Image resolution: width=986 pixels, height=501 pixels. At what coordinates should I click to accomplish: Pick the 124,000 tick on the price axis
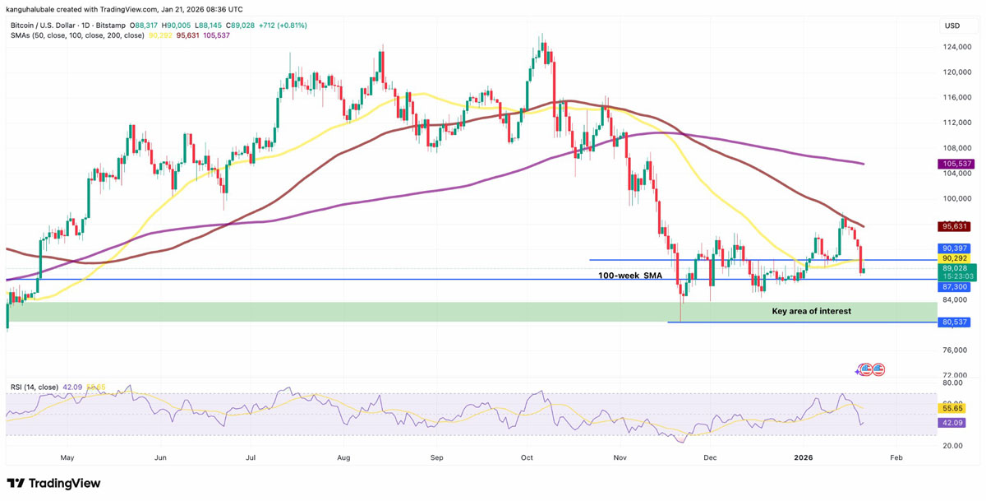[953, 47]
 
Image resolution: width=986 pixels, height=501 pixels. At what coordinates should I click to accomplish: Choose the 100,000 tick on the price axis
[953, 198]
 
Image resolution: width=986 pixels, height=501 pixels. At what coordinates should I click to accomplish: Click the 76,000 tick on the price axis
[953, 350]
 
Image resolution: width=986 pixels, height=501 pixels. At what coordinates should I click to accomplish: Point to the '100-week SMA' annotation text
[630, 276]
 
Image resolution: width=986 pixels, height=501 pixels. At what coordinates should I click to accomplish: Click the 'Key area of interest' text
[811, 311]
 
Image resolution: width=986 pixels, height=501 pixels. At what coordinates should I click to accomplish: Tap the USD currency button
[952, 26]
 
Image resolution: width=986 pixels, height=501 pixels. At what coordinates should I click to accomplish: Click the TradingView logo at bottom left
[54, 484]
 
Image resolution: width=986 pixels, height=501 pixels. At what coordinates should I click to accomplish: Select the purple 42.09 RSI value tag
[953, 423]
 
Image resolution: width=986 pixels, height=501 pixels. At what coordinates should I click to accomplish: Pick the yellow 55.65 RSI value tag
[953, 408]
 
